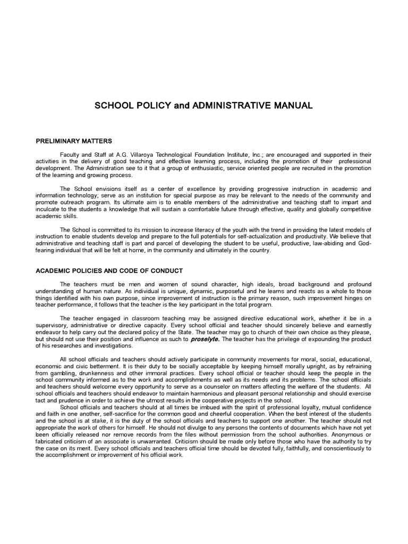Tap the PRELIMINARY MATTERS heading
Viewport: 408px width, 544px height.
[73, 141]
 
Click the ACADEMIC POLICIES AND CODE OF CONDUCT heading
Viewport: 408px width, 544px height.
[109, 270]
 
